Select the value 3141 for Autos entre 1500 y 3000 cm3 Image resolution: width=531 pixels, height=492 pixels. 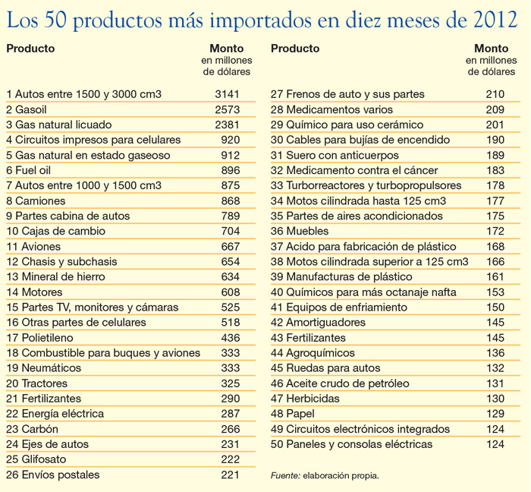pos(227,94)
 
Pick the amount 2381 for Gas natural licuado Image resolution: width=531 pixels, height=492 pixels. pos(227,125)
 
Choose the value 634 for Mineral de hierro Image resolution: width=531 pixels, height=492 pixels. pos(230,276)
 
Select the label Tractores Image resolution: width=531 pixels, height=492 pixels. pos(44,383)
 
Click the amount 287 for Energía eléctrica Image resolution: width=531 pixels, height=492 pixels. pos(230,414)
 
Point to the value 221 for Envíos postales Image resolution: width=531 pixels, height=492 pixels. pos(230,475)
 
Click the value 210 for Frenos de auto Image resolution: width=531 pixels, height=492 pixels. pos(495,94)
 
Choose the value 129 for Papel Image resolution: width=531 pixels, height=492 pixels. pos(495,414)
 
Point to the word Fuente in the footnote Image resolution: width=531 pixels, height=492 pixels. pos(285,476)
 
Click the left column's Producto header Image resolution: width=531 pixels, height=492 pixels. pos(30,49)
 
